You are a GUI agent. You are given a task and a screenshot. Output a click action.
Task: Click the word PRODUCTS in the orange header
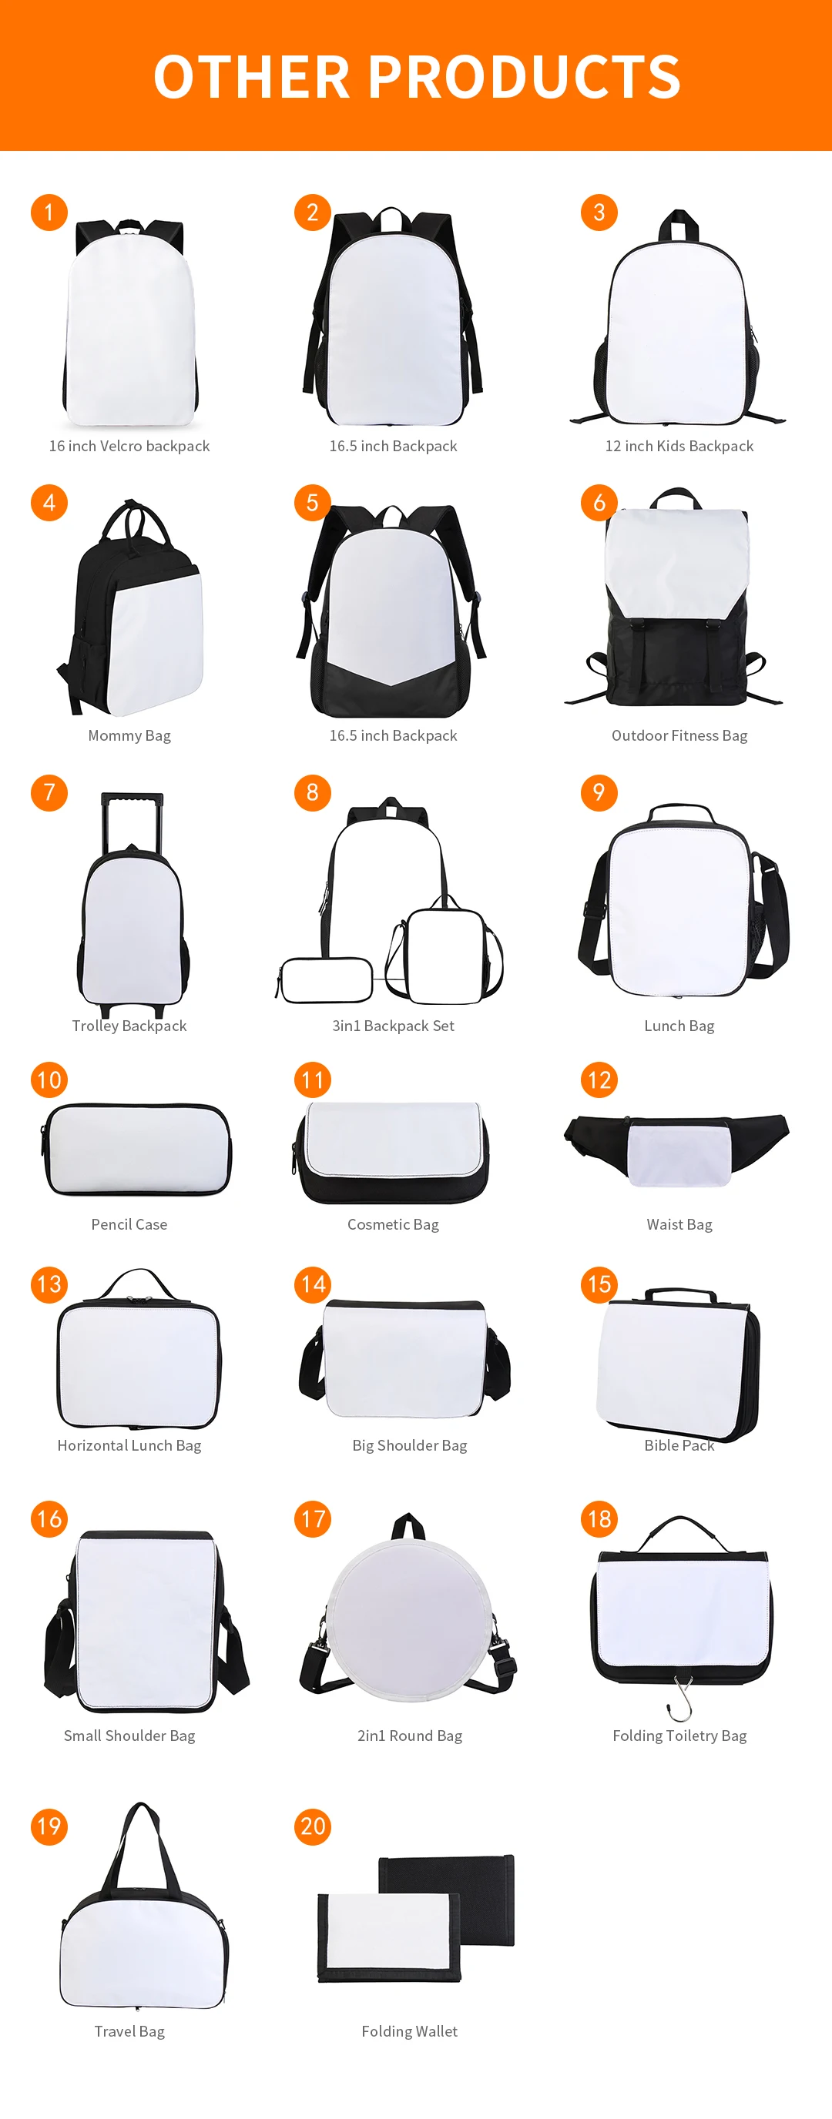click(x=523, y=76)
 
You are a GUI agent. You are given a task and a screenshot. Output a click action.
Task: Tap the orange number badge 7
click(x=49, y=792)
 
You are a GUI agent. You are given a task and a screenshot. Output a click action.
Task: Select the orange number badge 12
click(x=599, y=1080)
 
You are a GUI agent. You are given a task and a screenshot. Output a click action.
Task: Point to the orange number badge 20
click(x=313, y=1826)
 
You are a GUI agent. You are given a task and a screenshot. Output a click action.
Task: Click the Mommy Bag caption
click(x=129, y=735)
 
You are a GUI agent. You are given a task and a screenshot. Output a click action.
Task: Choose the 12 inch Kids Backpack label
click(x=679, y=446)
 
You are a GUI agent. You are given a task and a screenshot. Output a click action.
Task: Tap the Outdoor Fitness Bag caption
click(x=679, y=735)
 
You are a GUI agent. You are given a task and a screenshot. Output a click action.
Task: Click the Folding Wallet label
click(x=409, y=2031)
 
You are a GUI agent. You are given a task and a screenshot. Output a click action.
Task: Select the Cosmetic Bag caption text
click(x=393, y=1224)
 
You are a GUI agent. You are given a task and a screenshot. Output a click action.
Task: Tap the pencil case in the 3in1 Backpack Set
click(x=326, y=980)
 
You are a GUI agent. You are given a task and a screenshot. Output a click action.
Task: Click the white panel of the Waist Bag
click(x=679, y=1153)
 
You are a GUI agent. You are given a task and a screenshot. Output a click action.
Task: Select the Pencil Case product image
click(x=136, y=1149)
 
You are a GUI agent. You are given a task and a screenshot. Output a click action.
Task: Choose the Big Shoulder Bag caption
click(x=409, y=1445)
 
